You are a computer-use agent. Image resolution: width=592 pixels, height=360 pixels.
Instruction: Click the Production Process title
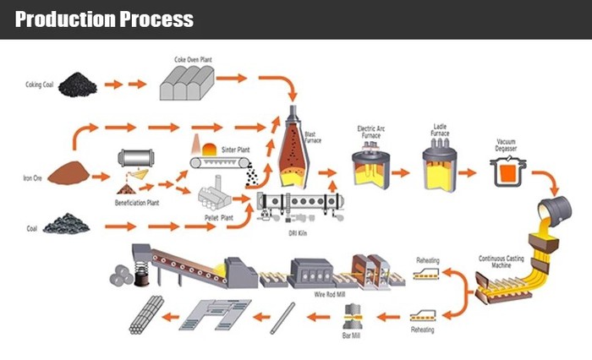tap(104, 19)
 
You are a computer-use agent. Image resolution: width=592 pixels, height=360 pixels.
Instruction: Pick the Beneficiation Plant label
tap(139, 204)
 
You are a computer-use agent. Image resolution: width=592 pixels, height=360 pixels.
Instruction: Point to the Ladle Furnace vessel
tap(440, 163)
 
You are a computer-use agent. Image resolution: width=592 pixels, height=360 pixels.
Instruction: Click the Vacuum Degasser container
tap(508, 174)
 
